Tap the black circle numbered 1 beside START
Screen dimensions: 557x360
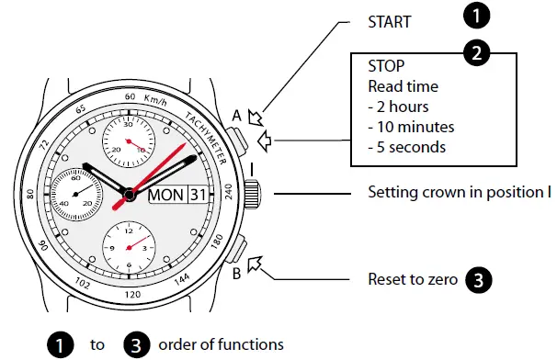(475, 16)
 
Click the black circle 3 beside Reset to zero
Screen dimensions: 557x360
(478, 278)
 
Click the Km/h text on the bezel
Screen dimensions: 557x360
(158, 95)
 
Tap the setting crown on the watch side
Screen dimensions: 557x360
(254, 194)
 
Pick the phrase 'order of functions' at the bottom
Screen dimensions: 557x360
(221, 344)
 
